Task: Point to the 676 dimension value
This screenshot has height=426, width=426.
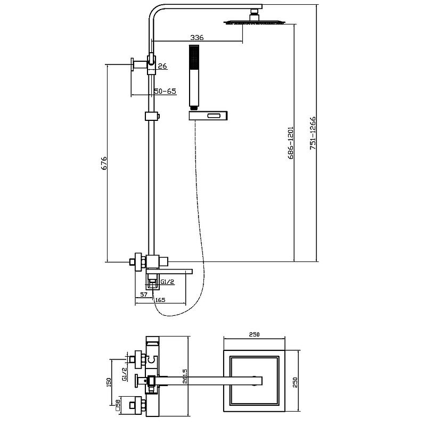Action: tap(104, 163)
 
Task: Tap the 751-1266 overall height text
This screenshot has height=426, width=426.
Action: tap(313, 134)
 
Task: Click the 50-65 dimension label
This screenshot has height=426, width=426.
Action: tap(165, 91)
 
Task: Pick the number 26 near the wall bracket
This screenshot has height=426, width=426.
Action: tap(162, 66)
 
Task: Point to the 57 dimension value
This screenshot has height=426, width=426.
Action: tap(143, 294)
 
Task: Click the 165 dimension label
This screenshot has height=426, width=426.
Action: tap(160, 300)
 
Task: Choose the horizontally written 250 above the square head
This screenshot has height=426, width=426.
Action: tap(253, 334)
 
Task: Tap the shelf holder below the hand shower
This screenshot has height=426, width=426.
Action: tap(209, 114)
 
